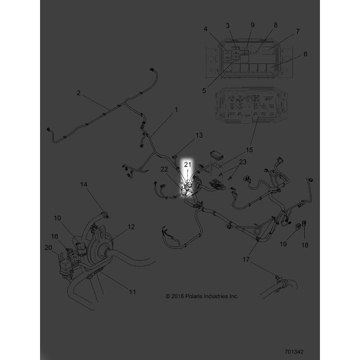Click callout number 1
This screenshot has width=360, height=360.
pyautogui.click(x=176, y=109)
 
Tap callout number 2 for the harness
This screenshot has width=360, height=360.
pyautogui.click(x=78, y=93)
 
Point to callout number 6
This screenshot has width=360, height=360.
pyautogui.click(x=306, y=54)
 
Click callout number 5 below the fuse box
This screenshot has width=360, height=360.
pyautogui.click(x=204, y=90)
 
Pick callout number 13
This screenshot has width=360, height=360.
pyautogui.click(x=199, y=135)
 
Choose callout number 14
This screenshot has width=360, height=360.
pyautogui.click(x=84, y=184)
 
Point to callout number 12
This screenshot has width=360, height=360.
pyautogui.click(x=131, y=227)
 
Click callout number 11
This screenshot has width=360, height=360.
pyautogui.click(x=132, y=292)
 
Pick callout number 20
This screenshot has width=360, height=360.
pyautogui.click(x=48, y=247)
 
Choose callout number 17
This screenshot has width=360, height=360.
pyautogui.click(x=246, y=259)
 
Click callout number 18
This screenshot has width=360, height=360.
pyautogui.click(x=305, y=245)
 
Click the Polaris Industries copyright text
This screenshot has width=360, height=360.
pyautogui.click(x=202, y=296)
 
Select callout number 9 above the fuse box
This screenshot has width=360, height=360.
pyautogui.click(x=252, y=24)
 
